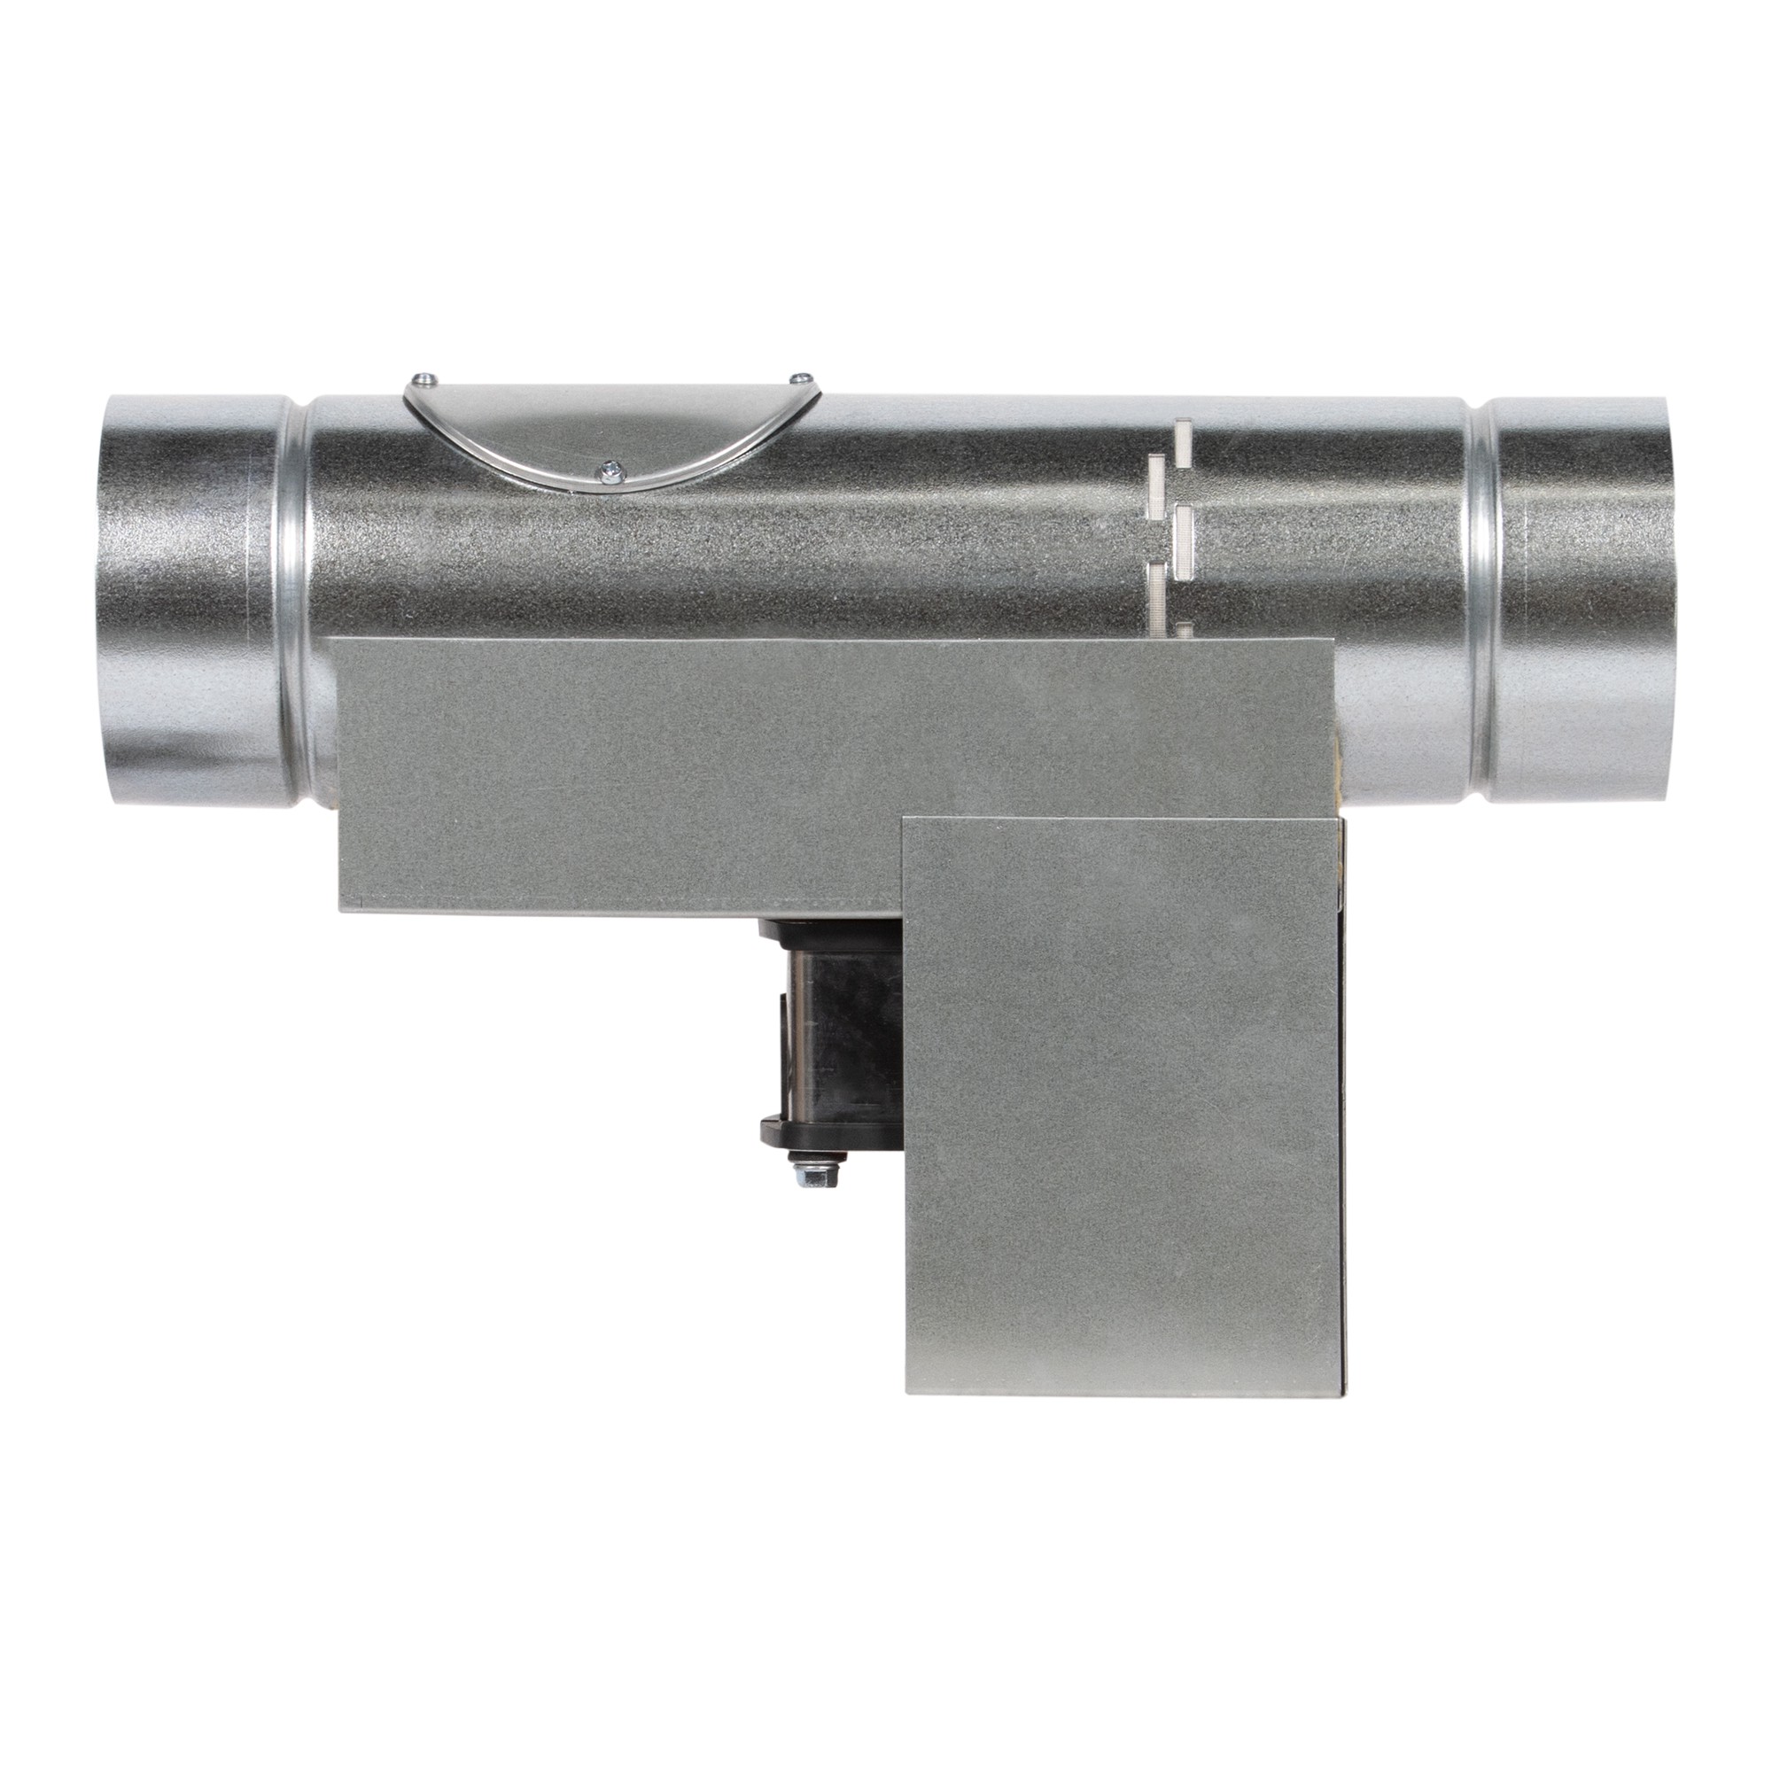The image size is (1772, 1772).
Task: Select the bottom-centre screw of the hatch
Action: tap(609, 469)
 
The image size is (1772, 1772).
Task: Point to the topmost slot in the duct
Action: tap(1183, 437)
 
